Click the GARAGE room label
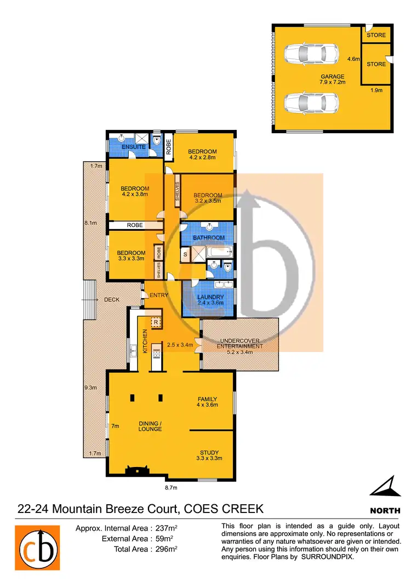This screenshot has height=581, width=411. (x=333, y=77)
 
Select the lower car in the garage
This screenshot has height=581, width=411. (x=311, y=102)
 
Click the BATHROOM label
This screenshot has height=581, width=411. (x=209, y=238)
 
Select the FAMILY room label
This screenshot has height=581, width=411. (x=208, y=399)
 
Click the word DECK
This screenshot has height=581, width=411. (x=112, y=300)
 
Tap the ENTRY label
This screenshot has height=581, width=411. (x=158, y=295)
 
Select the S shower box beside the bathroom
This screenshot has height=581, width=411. (x=186, y=255)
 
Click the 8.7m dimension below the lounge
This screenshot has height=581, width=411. (x=171, y=487)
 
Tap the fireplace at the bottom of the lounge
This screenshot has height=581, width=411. (x=136, y=470)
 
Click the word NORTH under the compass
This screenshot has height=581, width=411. (x=385, y=510)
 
